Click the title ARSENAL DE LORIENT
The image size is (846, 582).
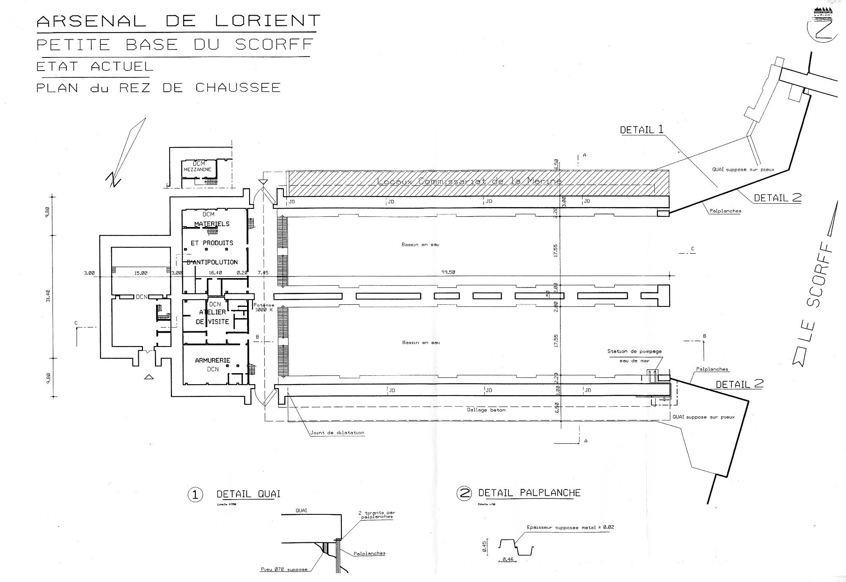point(178,21)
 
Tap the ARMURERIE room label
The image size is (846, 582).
point(212,361)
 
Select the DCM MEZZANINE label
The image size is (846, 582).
point(197,167)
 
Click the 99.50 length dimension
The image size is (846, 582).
point(448,273)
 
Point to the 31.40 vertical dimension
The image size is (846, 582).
point(48,295)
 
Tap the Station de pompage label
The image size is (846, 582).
point(634,351)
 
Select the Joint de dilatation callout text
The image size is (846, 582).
point(337,433)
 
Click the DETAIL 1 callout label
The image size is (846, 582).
point(642,130)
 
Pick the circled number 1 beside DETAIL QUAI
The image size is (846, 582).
point(195,495)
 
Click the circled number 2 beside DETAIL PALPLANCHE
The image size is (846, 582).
point(464,493)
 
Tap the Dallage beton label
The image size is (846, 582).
point(486,410)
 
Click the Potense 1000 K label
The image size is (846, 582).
point(264,307)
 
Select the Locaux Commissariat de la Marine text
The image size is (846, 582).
point(469,181)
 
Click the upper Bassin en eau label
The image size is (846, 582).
point(420,245)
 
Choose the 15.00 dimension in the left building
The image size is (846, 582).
point(141,273)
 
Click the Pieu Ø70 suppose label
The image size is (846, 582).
point(284,569)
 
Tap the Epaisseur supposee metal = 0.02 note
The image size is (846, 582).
point(570,527)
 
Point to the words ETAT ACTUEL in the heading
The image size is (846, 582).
point(94,66)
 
